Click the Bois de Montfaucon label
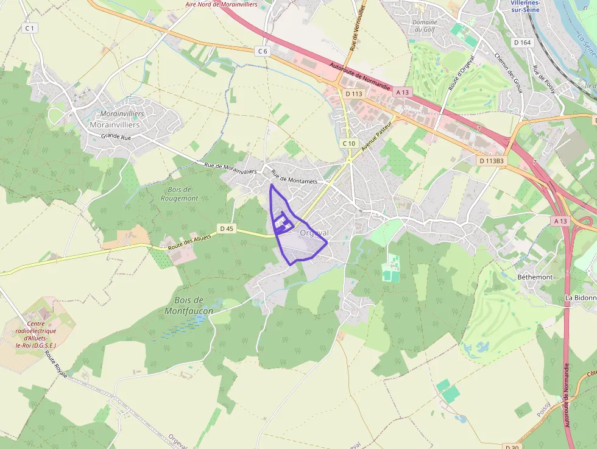point(188,305)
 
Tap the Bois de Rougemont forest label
point(180,194)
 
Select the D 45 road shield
point(227,228)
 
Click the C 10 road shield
point(348,143)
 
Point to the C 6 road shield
point(263,51)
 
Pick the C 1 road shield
point(29,28)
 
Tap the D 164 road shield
point(523,43)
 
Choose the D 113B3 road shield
point(492,161)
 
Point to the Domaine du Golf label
point(426,26)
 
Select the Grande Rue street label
point(116,137)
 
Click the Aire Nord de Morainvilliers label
point(222,4)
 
